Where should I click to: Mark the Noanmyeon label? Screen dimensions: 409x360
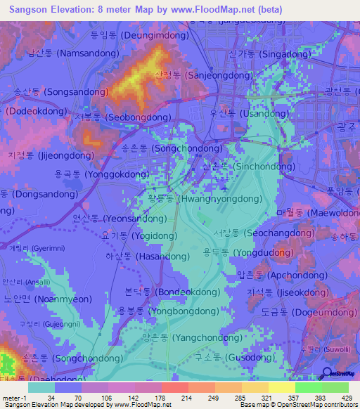48,298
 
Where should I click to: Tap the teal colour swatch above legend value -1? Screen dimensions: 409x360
41,387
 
